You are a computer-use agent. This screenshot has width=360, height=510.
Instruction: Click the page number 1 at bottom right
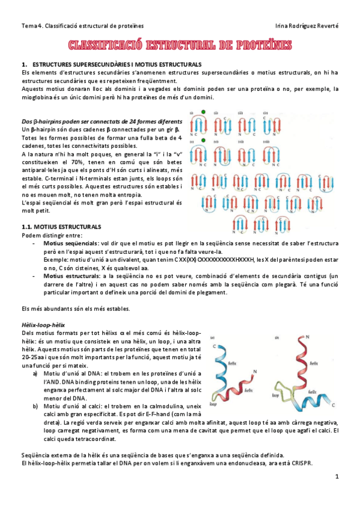[x=338, y=477]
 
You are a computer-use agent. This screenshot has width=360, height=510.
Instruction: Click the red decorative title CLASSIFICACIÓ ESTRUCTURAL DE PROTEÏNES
[x=180, y=46]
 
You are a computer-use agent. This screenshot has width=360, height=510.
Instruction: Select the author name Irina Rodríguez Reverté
[x=307, y=26]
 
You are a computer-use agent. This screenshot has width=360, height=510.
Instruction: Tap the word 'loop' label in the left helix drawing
[x=213, y=405]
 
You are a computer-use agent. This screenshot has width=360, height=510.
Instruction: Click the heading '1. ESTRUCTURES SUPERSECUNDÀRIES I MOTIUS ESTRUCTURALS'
[x=111, y=64]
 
